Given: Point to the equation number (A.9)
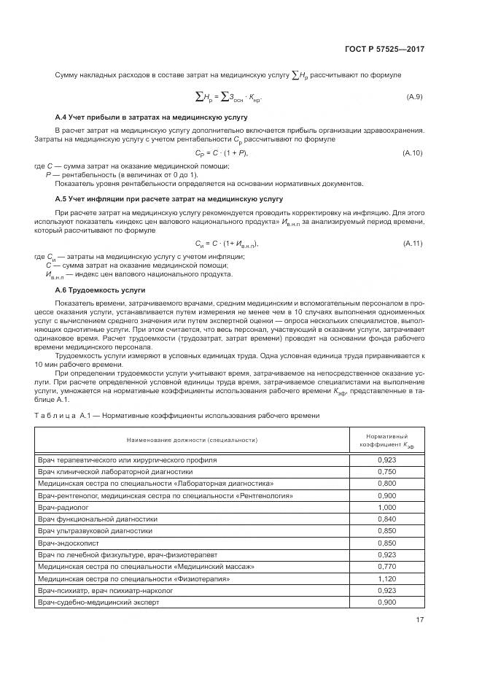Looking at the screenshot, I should [413, 97].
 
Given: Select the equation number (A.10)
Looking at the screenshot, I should [412, 152].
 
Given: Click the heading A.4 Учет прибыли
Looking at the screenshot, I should [151, 117].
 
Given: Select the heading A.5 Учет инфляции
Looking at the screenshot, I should [168, 198].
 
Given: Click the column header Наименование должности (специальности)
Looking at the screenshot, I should [193, 441].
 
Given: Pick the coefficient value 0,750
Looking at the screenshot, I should [386, 472].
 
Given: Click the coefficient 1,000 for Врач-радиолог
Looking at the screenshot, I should [386, 506].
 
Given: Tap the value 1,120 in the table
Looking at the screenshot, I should [386, 579].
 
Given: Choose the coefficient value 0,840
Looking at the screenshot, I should [386, 519].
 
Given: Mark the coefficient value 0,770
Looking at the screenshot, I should [386, 567].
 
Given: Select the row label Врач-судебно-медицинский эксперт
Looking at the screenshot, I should [98, 603].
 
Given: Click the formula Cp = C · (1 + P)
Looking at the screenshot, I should [222, 152].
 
